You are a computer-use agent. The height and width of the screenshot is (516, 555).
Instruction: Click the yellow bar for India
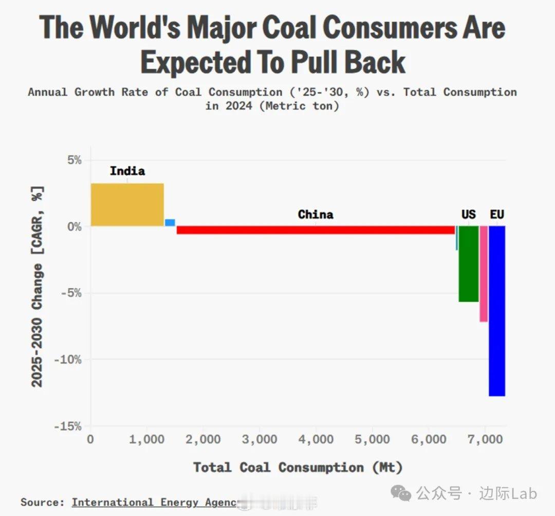tap(127, 204)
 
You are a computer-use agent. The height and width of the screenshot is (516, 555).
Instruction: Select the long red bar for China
tap(316, 230)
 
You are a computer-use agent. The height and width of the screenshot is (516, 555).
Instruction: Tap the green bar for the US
tap(468, 263)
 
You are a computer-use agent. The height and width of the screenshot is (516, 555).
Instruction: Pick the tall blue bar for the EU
tap(496, 311)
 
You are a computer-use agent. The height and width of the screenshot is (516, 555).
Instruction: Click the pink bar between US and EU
tap(484, 274)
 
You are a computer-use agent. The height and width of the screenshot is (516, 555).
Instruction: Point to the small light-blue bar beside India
tap(170, 223)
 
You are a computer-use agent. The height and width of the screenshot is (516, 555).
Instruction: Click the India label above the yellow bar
tap(127, 171)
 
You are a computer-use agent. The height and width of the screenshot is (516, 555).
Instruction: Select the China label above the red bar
tap(316, 214)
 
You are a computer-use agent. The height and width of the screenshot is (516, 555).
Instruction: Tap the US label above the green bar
tap(468, 214)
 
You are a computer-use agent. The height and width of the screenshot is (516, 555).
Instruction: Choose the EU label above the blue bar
tap(497, 214)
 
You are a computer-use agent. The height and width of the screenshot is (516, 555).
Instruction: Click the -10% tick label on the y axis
tap(69, 360)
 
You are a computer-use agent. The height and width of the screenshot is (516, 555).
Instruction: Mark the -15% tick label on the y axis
tap(69, 426)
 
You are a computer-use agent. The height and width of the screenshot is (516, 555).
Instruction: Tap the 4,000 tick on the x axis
tap(316, 440)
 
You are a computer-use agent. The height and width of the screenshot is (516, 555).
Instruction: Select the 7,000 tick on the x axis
tap(485, 440)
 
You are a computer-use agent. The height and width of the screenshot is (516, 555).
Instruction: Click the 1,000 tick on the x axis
tap(146, 440)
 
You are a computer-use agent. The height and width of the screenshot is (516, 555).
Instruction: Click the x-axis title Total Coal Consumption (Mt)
tap(298, 467)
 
